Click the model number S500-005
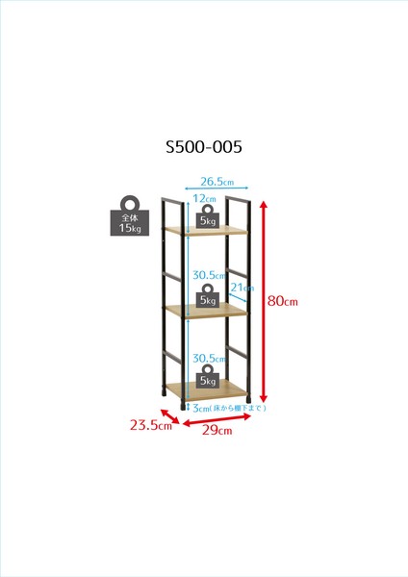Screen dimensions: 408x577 click(x=204, y=146)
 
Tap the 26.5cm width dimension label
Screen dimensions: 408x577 click(x=217, y=182)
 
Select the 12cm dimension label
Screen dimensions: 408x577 click(x=204, y=199)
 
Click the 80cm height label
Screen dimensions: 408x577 click(x=283, y=301)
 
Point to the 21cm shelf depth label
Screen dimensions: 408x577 click(x=242, y=288)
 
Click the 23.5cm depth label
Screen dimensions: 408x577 click(x=151, y=425)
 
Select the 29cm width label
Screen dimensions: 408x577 click(x=217, y=430)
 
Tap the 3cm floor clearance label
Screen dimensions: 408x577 click(x=229, y=408)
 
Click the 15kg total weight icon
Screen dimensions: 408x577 click(x=130, y=215)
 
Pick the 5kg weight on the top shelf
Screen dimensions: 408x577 click(x=208, y=216)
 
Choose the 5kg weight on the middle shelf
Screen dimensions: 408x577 click(x=208, y=295)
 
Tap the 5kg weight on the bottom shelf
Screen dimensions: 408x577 click(x=208, y=376)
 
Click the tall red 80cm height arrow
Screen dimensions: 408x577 click(x=263, y=301)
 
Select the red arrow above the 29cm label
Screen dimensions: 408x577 click(x=217, y=420)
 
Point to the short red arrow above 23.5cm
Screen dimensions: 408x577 click(x=169, y=416)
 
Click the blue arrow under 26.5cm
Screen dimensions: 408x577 click(x=217, y=188)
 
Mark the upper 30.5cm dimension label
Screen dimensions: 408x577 click(x=209, y=275)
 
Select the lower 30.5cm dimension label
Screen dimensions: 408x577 click(x=209, y=358)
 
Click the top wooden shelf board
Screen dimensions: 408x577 click(x=206, y=231)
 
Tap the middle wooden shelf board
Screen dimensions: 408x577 click(x=206, y=311)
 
